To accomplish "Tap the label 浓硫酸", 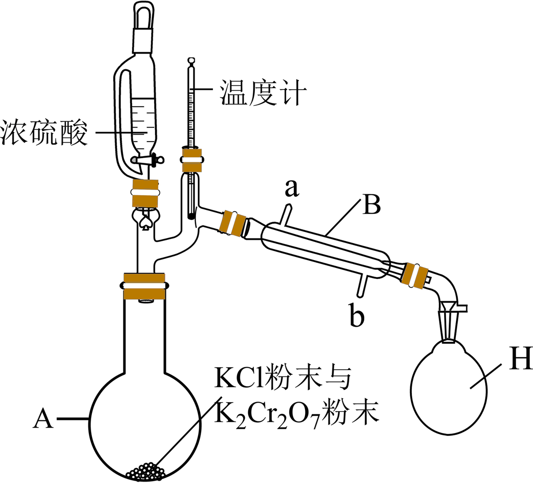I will [x=45, y=134].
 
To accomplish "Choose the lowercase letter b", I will [x=356, y=317].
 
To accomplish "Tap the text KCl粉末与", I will [x=282, y=380].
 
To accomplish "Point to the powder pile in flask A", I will [x=145, y=471].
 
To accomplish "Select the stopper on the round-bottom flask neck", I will [x=144, y=285].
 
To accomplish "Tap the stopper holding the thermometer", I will [x=192, y=160].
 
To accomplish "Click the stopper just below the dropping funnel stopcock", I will [x=144, y=193].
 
